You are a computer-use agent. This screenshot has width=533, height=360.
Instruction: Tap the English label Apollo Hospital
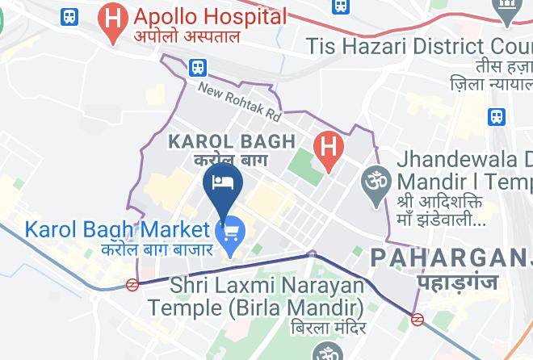(x=210, y=16)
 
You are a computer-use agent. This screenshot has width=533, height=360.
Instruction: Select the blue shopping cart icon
(x=233, y=232)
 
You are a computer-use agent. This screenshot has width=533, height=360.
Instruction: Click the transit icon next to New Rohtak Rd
(x=198, y=68)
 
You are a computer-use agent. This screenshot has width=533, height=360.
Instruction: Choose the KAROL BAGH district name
(x=231, y=142)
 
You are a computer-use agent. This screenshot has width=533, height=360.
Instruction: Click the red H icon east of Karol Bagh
(x=328, y=147)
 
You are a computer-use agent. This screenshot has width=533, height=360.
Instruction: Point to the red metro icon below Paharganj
(x=418, y=319)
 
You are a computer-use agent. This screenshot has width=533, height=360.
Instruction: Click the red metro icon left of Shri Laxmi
(x=132, y=284)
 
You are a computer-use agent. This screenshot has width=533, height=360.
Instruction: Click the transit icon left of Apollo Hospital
(x=69, y=16)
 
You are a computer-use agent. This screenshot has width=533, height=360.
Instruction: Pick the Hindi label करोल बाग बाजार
(x=157, y=249)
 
